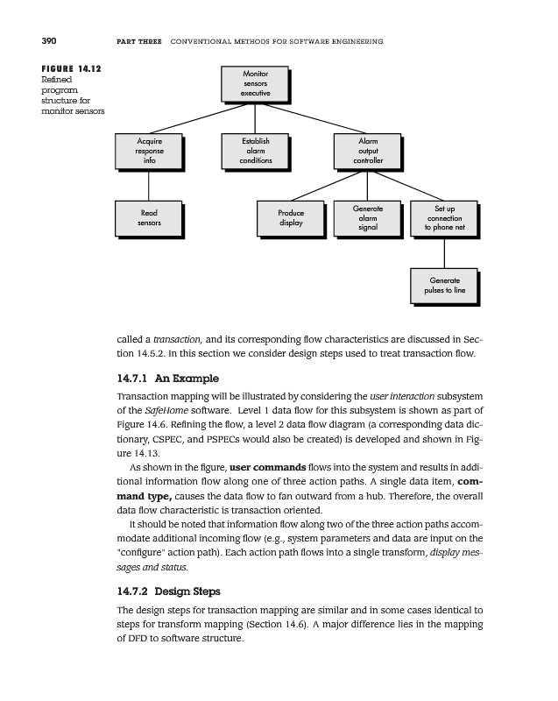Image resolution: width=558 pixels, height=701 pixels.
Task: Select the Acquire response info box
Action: (148, 151)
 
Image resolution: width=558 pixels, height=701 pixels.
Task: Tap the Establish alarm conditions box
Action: (256, 151)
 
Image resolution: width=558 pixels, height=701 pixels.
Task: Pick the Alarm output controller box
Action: (368, 151)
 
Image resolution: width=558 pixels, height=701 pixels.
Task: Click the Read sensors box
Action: (148, 217)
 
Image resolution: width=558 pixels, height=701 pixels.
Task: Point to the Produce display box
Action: (291, 217)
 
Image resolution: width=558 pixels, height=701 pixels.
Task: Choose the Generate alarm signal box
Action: (368, 217)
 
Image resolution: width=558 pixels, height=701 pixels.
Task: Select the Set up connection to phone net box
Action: (444, 217)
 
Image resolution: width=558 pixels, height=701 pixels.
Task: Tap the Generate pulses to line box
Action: (444, 285)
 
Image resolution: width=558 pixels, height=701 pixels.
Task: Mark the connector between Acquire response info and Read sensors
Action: (148, 184)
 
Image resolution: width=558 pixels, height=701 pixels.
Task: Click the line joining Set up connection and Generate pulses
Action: (444, 251)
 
